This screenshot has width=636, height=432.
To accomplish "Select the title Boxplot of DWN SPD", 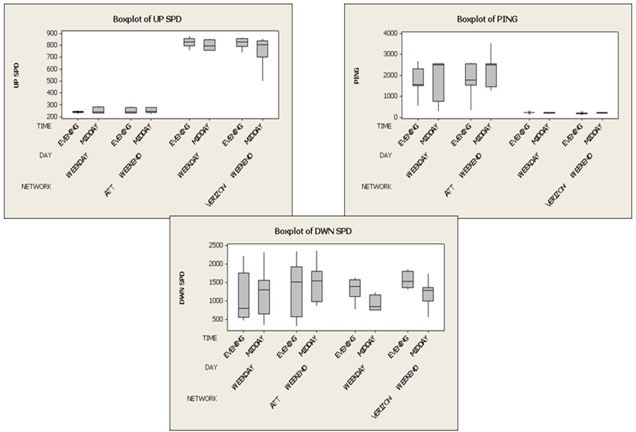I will pyautogui.click(x=314, y=231).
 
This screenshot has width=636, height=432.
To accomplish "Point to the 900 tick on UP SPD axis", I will pyautogui.click(x=51, y=33).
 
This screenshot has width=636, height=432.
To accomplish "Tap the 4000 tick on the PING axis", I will pyautogui.click(x=390, y=33).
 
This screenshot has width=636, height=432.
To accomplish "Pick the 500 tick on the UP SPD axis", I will pyautogui.click(x=51, y=81).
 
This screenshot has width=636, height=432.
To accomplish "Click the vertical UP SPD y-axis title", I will pyautogui.click(x=17, y=75).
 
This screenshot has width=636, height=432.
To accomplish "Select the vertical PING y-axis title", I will pyautogui.click(x=356, y=75).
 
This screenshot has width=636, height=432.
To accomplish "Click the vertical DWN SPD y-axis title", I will pyautogui.click(x=182, y=287).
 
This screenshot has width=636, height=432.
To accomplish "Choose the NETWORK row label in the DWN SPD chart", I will pyautogui.click(x=202, y=398).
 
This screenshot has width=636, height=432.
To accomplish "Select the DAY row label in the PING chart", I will pyautogui.click(x=386, y=155).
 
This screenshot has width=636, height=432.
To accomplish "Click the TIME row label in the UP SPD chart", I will pyautogui.click(x=44, y=126).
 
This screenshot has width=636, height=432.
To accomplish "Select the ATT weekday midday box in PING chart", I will pyautogui.click(x=438, y=82).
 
